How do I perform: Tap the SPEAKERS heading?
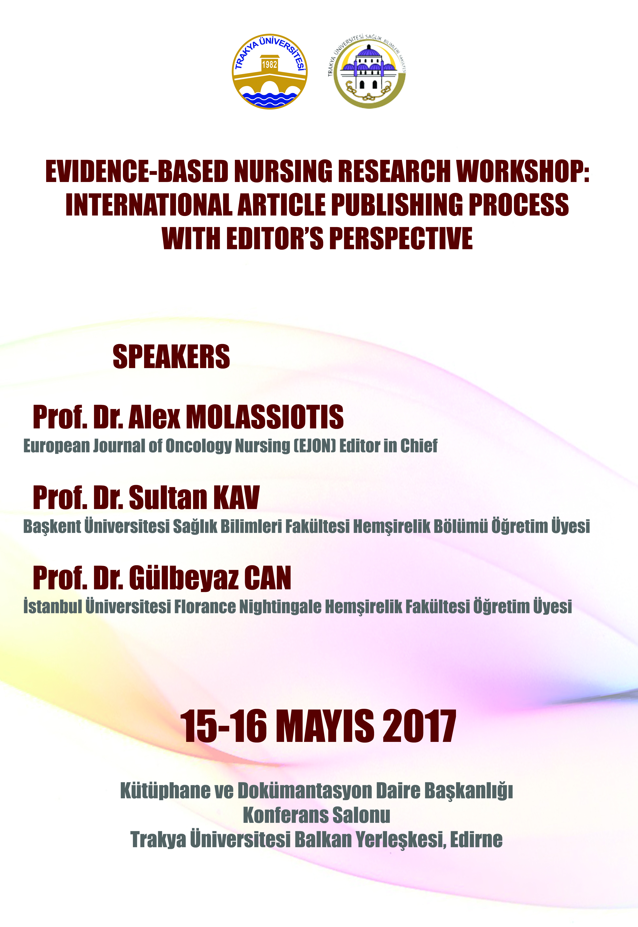click(172, 357)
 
